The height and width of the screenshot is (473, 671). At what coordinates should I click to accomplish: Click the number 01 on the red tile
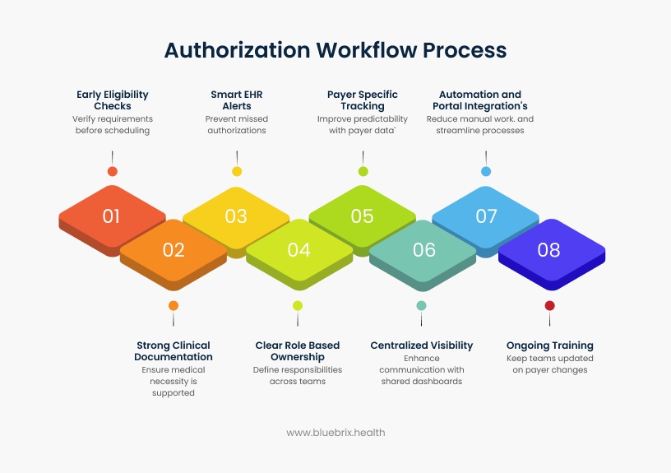pyautogui.click(x=112, y=216)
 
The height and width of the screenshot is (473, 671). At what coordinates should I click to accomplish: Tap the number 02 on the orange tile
pyautogui.click(x=174, y=250)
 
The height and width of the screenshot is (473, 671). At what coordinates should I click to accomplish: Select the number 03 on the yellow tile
pyautogui.click(x=236, y=216)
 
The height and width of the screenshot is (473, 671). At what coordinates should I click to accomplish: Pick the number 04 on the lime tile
pyautogui.click(x=299, y=250)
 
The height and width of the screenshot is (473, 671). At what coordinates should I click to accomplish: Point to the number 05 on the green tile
pyautogui.click(x=363, y=216)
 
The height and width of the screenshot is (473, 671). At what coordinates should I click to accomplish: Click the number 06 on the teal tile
pyautogui.click(x=424, y=250)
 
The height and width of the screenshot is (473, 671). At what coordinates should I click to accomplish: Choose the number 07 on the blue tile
pyautogui.click(x=487, y=216)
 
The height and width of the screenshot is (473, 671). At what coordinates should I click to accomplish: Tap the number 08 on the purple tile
pyautogui.click(x=549, y=250)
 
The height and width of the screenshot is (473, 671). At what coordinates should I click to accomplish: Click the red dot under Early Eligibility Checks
pyautogui.click(x=113, y=171)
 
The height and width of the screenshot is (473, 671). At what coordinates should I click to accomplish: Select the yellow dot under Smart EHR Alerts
pyautogui.click(x=237, y=171)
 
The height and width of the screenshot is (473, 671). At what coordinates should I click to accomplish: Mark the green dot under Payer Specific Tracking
pyautogui.click(x=363, y=171)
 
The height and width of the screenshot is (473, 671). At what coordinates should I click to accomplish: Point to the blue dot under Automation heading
pyautogui.click(x=486, y=171)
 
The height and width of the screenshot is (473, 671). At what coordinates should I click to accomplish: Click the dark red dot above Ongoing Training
pyautogui.click(x=550, y=305)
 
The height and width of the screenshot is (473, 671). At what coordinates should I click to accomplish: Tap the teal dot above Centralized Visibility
pyautogui.click(x=422, y=305)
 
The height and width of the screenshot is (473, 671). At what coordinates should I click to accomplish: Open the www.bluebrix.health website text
pyautogui.click(x=335, y=432)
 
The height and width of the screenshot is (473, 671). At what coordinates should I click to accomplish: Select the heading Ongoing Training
pyautogui.click(x=549, y=345)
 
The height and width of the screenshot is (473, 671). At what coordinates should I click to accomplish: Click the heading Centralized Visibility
pyautogui.click(x=422, y=345)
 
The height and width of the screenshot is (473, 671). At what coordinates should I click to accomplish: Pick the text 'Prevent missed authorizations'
pyautogui.click(x=237, y=124)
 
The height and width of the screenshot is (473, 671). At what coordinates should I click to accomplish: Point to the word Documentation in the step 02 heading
pyautogui.click(x=174, y=357)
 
